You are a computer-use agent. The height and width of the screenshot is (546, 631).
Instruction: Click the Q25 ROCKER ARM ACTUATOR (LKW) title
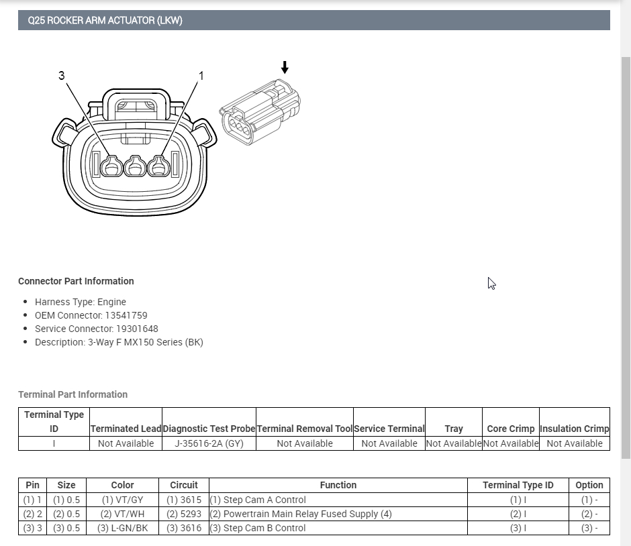tap(105, 21)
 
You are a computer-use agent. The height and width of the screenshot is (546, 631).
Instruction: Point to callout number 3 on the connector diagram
tap(62, 76)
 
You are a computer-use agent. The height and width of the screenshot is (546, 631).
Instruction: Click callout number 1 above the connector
tap(201, 76)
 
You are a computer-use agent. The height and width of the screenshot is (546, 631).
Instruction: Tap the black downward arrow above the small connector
tap(285, 67)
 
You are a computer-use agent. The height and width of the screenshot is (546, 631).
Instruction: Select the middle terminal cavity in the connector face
tap(135, 166)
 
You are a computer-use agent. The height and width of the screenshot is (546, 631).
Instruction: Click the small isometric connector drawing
tap(260, 112)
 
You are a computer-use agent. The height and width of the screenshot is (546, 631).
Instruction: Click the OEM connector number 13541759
tap(126, 316)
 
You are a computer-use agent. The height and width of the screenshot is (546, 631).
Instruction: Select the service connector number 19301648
tap(137, 329)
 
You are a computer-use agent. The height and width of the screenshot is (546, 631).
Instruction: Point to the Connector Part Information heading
tap(76, 282)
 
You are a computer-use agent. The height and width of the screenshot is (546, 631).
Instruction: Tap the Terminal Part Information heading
tap(73, 394)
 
